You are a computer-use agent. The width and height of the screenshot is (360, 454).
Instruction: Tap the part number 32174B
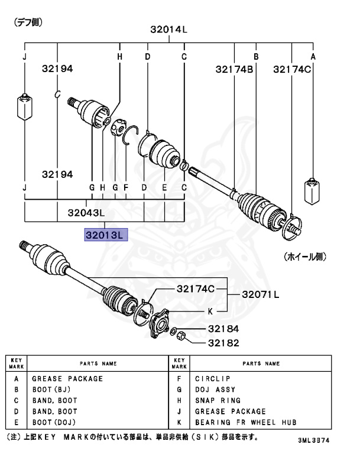pyautogui.click(x=234, y=69)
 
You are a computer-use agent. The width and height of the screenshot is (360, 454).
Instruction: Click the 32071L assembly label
pyautogui.click(x=261, y=294)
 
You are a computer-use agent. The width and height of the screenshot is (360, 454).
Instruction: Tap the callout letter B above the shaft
pyautogui.click(x=256, y=57)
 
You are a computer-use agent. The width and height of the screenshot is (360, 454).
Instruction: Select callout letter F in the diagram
pyautogui.click(x=125, y=187)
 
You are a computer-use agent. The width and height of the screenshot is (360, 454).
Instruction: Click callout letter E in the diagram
pyautogui.click(x=164, y=187)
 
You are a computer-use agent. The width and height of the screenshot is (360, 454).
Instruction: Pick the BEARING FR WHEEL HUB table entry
pyautogui.click(x=246, y=422)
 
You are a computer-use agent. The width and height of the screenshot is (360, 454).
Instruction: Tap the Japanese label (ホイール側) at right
pyautogui.click(x=305, y=257)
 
